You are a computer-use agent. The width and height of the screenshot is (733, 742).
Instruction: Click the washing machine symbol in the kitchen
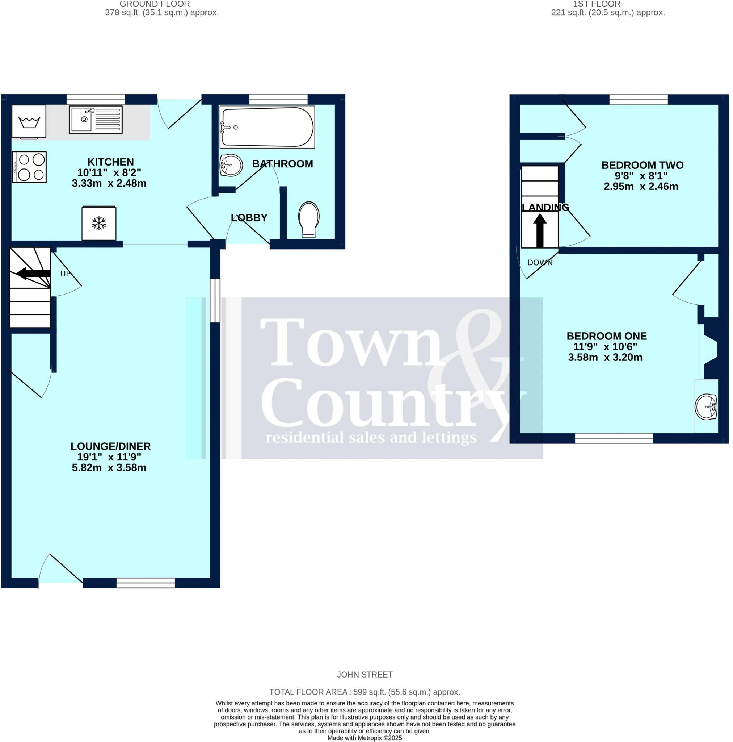29,121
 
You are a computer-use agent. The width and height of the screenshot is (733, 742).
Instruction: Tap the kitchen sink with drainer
96,120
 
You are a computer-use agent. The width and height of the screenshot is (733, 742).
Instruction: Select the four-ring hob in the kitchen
29,167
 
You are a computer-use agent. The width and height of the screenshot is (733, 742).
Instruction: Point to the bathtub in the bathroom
267,127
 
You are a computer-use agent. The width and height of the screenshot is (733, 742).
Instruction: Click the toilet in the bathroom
308,219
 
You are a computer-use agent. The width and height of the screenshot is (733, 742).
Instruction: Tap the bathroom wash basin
231,165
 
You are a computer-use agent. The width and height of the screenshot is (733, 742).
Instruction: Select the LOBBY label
249,218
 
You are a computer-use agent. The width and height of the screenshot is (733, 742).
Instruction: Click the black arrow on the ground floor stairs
34,273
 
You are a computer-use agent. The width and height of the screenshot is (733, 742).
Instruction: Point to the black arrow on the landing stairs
540,230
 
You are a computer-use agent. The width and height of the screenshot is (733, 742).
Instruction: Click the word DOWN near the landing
540,263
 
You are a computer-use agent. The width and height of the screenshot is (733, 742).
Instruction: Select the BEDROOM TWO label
642,165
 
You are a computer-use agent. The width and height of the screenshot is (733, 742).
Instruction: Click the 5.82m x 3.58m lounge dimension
109,468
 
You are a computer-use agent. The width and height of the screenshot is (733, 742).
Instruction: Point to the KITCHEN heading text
110,162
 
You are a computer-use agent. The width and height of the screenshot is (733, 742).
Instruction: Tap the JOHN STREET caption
364,674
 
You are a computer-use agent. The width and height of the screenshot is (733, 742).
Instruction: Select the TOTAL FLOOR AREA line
364,692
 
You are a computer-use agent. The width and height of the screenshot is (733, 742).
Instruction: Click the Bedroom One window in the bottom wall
614,438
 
